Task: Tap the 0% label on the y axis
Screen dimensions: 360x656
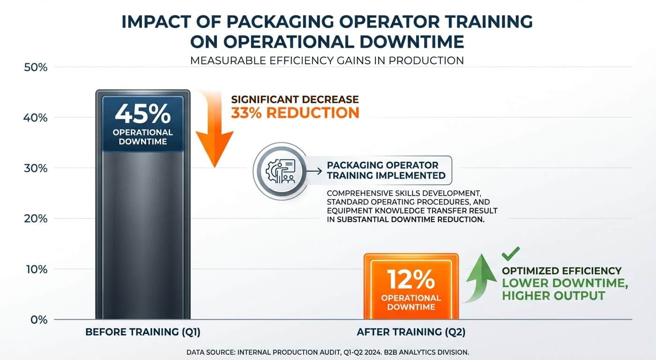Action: [37, 320]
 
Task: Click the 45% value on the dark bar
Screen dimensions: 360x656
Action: [142, 114]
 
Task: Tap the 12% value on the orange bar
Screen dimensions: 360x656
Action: [411, 280]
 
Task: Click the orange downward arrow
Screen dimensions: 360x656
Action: [214, 131]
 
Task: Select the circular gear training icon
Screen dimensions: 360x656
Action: [278, 169]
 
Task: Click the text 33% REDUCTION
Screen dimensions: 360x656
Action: [295, 113]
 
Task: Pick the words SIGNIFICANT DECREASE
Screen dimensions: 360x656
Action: [295, 99]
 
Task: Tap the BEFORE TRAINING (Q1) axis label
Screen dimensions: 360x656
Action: [142, 332]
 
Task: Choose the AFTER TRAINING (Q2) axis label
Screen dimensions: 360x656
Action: [411, 332]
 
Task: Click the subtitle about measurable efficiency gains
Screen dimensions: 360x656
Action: [327, 60]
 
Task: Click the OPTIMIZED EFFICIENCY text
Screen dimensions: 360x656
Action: [561, 271]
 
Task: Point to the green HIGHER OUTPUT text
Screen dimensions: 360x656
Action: [553, 296]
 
